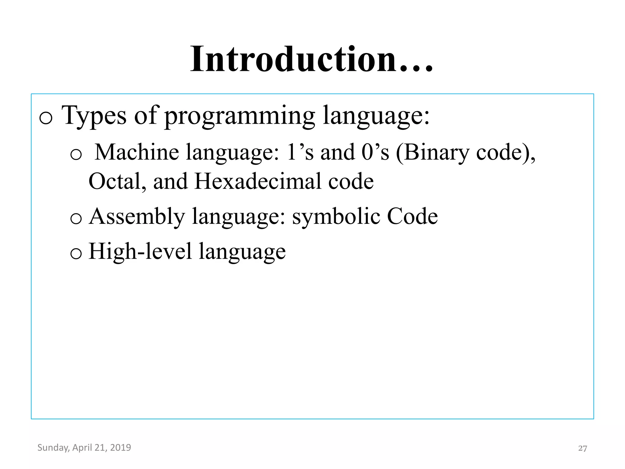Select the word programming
coord(240,116)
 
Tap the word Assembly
coord(137,217)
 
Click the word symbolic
coord(336,217)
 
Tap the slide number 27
coord(582,448)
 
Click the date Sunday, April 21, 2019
coord(84,448)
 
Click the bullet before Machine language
coord(76,154)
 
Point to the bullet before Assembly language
coord(76,219)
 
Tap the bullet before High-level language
coord(76,253)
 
